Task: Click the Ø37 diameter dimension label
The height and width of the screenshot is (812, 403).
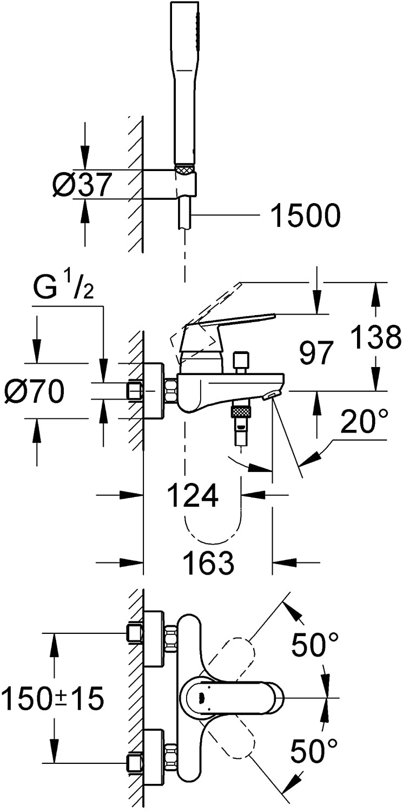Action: (81, 185)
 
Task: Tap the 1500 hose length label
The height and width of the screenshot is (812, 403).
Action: (306, 215)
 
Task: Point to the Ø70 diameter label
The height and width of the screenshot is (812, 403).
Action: (35, 391)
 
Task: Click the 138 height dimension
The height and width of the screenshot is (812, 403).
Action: (376, 337)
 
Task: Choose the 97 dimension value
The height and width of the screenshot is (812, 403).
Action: (316, 353)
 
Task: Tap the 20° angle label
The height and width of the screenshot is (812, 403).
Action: (364, 421)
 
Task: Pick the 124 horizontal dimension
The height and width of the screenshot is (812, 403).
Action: (193, 495)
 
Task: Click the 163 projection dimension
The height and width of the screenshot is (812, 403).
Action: (209, 562)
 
